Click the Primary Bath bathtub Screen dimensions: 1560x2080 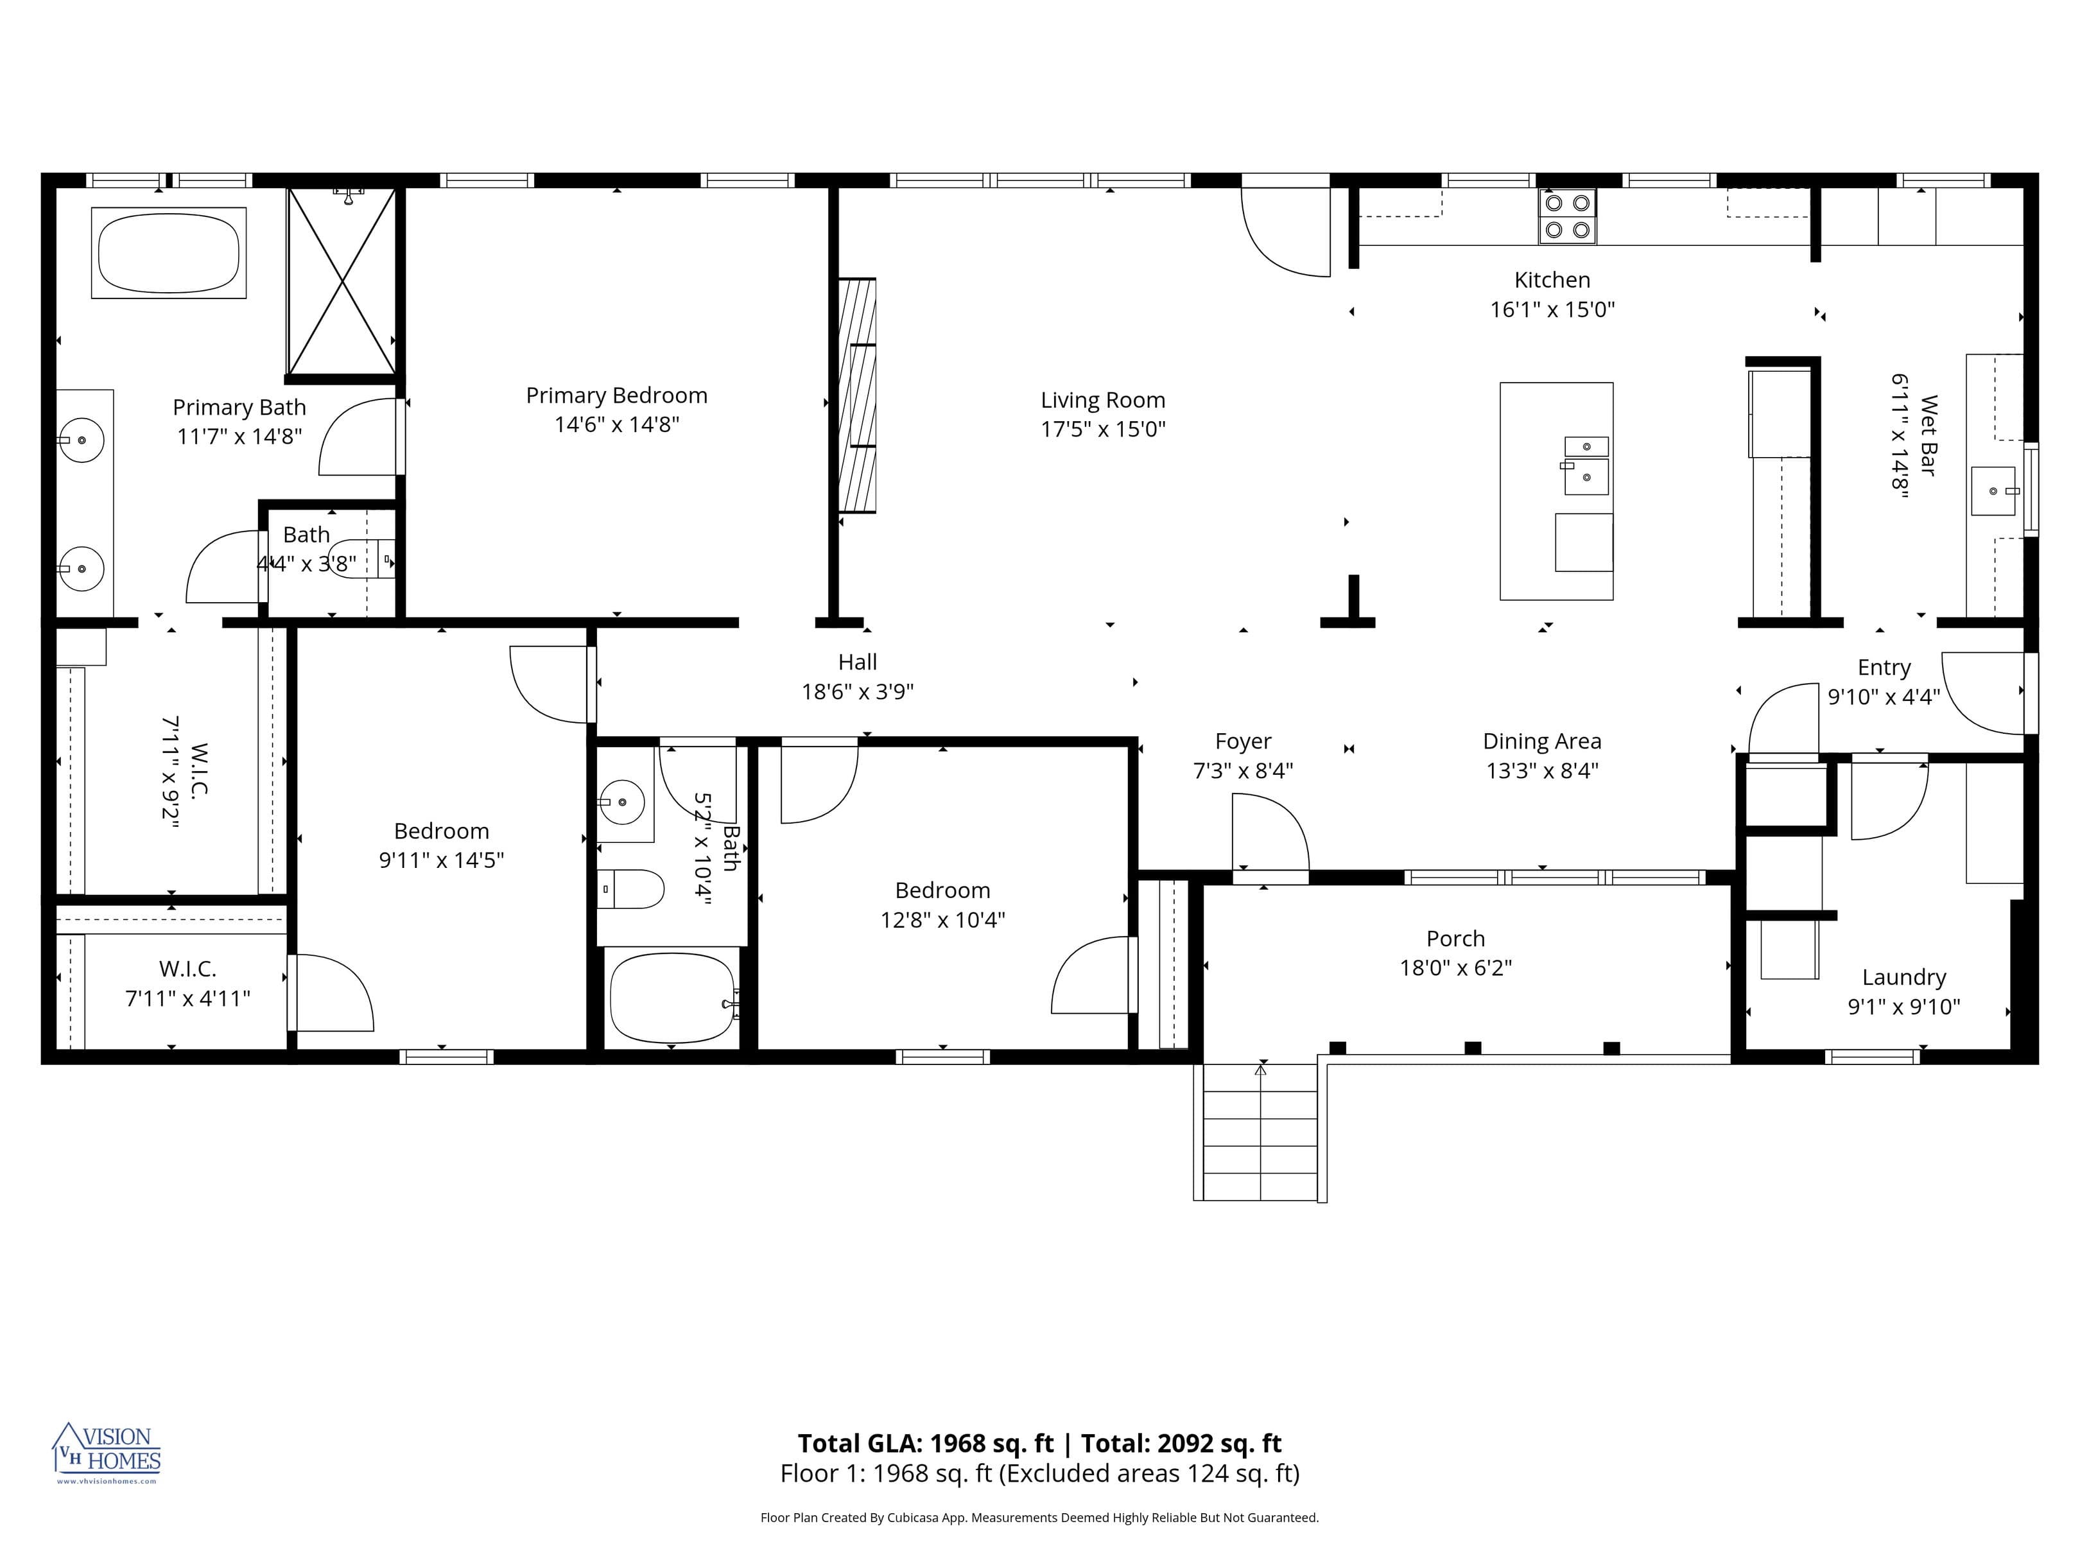(168, 253)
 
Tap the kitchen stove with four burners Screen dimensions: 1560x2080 (1566, 216)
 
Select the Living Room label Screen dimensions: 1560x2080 (1102, 400)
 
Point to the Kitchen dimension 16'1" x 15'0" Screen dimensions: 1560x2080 (1552, 309)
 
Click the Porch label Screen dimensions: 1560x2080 (1455, 939)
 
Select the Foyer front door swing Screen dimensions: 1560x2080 (1269, 832)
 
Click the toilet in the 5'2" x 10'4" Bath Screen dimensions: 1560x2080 (630, 888)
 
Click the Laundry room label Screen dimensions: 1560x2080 (1903, 977)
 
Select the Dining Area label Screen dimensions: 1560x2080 (1541, 741)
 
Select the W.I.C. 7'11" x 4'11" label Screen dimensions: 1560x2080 (187, 984)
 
